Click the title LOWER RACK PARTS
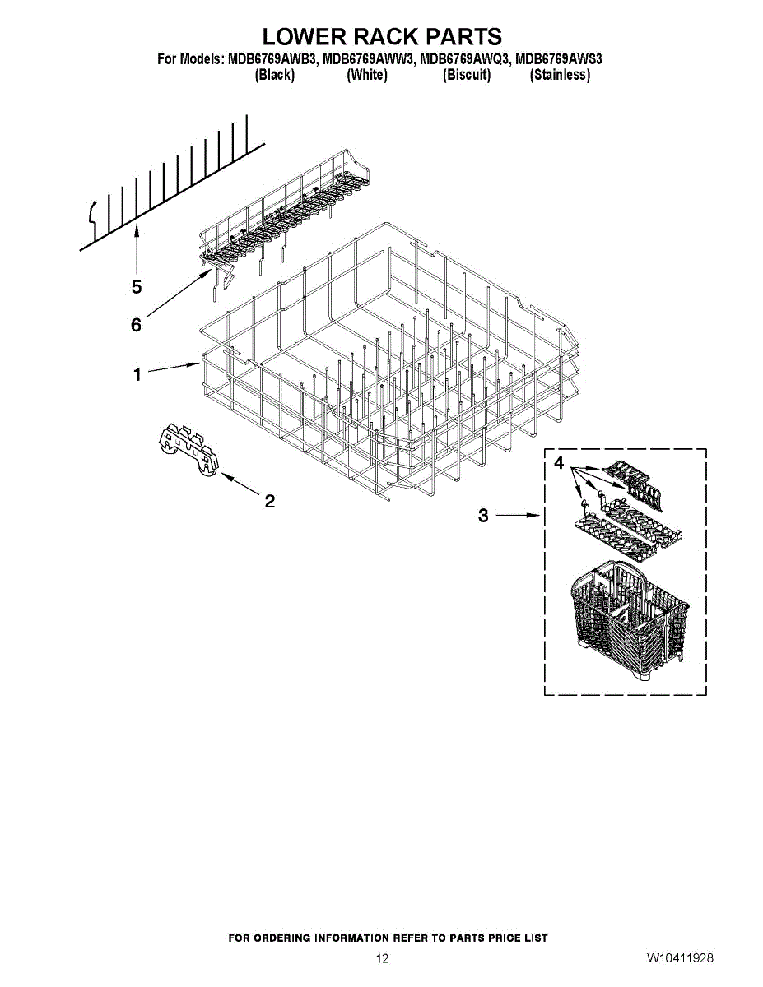(x=382, y=37)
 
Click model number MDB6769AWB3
(x=271, y=59)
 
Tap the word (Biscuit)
(x=467, y=75)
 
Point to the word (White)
(x=367, y=75)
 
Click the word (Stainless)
(x=560, y=75)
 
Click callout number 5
(x=137, y=287)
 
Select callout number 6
(x=137, y=325)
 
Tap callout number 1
(x=138, y=375)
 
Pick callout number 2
(x=268, y=500)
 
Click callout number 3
(x=483, y=516)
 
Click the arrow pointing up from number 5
(x=137, y=251)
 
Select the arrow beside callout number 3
(x=519, y=516)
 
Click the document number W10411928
(x=680, y=958)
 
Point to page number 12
(x=382, y=958)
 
